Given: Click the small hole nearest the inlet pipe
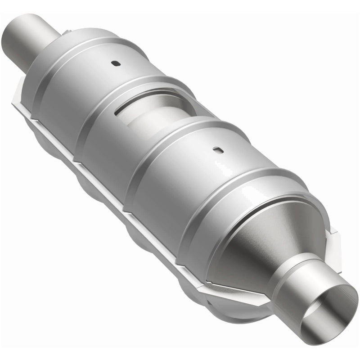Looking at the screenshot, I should point(116,63).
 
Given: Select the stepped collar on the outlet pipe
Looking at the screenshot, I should point(292,270).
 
